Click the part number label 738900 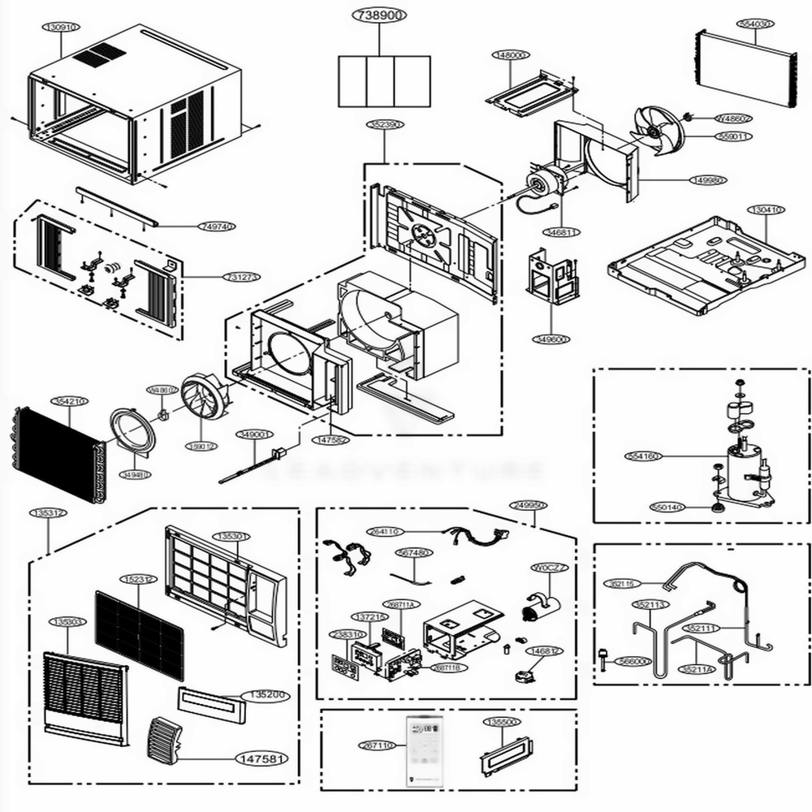coord(380,15)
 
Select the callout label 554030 coord(754,24)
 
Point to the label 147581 coord(261,758)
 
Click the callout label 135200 coord(266,696)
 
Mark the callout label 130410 coord(766,209)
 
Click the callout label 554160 coord(643,456)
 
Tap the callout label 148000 coord(511,55)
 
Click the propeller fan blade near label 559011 coord(659,131)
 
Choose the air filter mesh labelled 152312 coord(140,634)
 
